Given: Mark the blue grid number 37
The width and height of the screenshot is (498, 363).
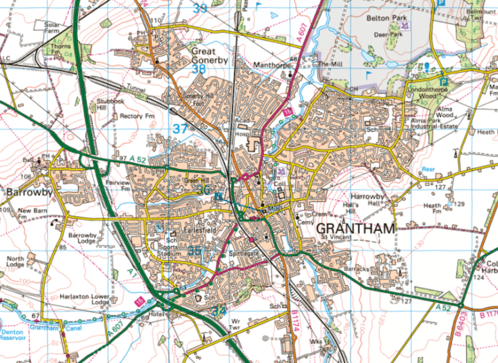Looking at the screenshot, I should [x=180, y=128].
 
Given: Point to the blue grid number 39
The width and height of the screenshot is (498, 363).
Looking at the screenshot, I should [x=200, y=8].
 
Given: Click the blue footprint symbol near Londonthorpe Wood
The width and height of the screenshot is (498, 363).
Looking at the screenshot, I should [x=428, y=66].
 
